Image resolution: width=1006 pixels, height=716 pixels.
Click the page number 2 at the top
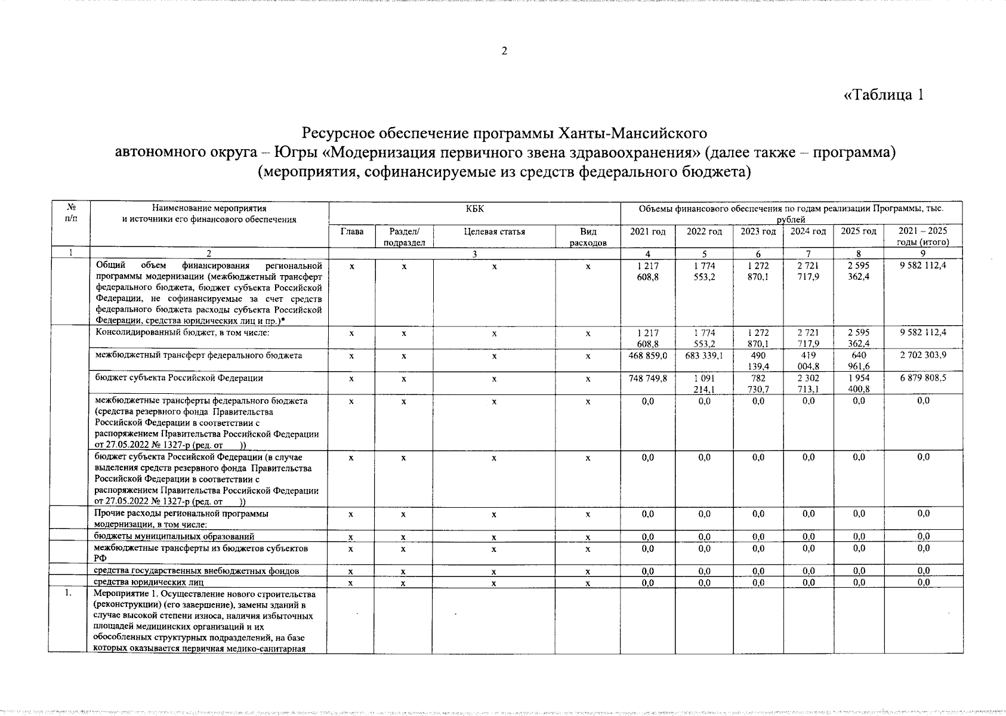pos(504,51)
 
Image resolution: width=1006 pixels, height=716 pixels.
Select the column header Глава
pos(351,232)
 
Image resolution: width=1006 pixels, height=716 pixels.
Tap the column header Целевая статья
pos(494,232)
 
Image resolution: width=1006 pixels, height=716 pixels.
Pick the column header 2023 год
pos(758,232)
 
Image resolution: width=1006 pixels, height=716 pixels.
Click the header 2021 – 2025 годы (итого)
pos(922,236)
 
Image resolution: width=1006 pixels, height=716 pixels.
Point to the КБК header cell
pos(474,209)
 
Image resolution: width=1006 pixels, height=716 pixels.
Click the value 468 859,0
pos(647,356)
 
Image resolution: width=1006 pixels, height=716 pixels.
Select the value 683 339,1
pos(704,356)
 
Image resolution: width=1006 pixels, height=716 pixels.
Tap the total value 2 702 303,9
pos(922,356)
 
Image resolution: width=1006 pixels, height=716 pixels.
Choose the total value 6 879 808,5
pos(922,378)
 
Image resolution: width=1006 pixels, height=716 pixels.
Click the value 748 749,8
pos(647,378)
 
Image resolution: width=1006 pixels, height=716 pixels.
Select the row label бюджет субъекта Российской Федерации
pos(179,378)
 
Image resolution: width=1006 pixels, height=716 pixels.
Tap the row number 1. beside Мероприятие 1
pos(69,594)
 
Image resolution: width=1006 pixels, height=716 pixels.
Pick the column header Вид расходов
pos(588,236)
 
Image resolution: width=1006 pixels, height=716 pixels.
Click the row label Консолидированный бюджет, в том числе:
pos(182,332)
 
